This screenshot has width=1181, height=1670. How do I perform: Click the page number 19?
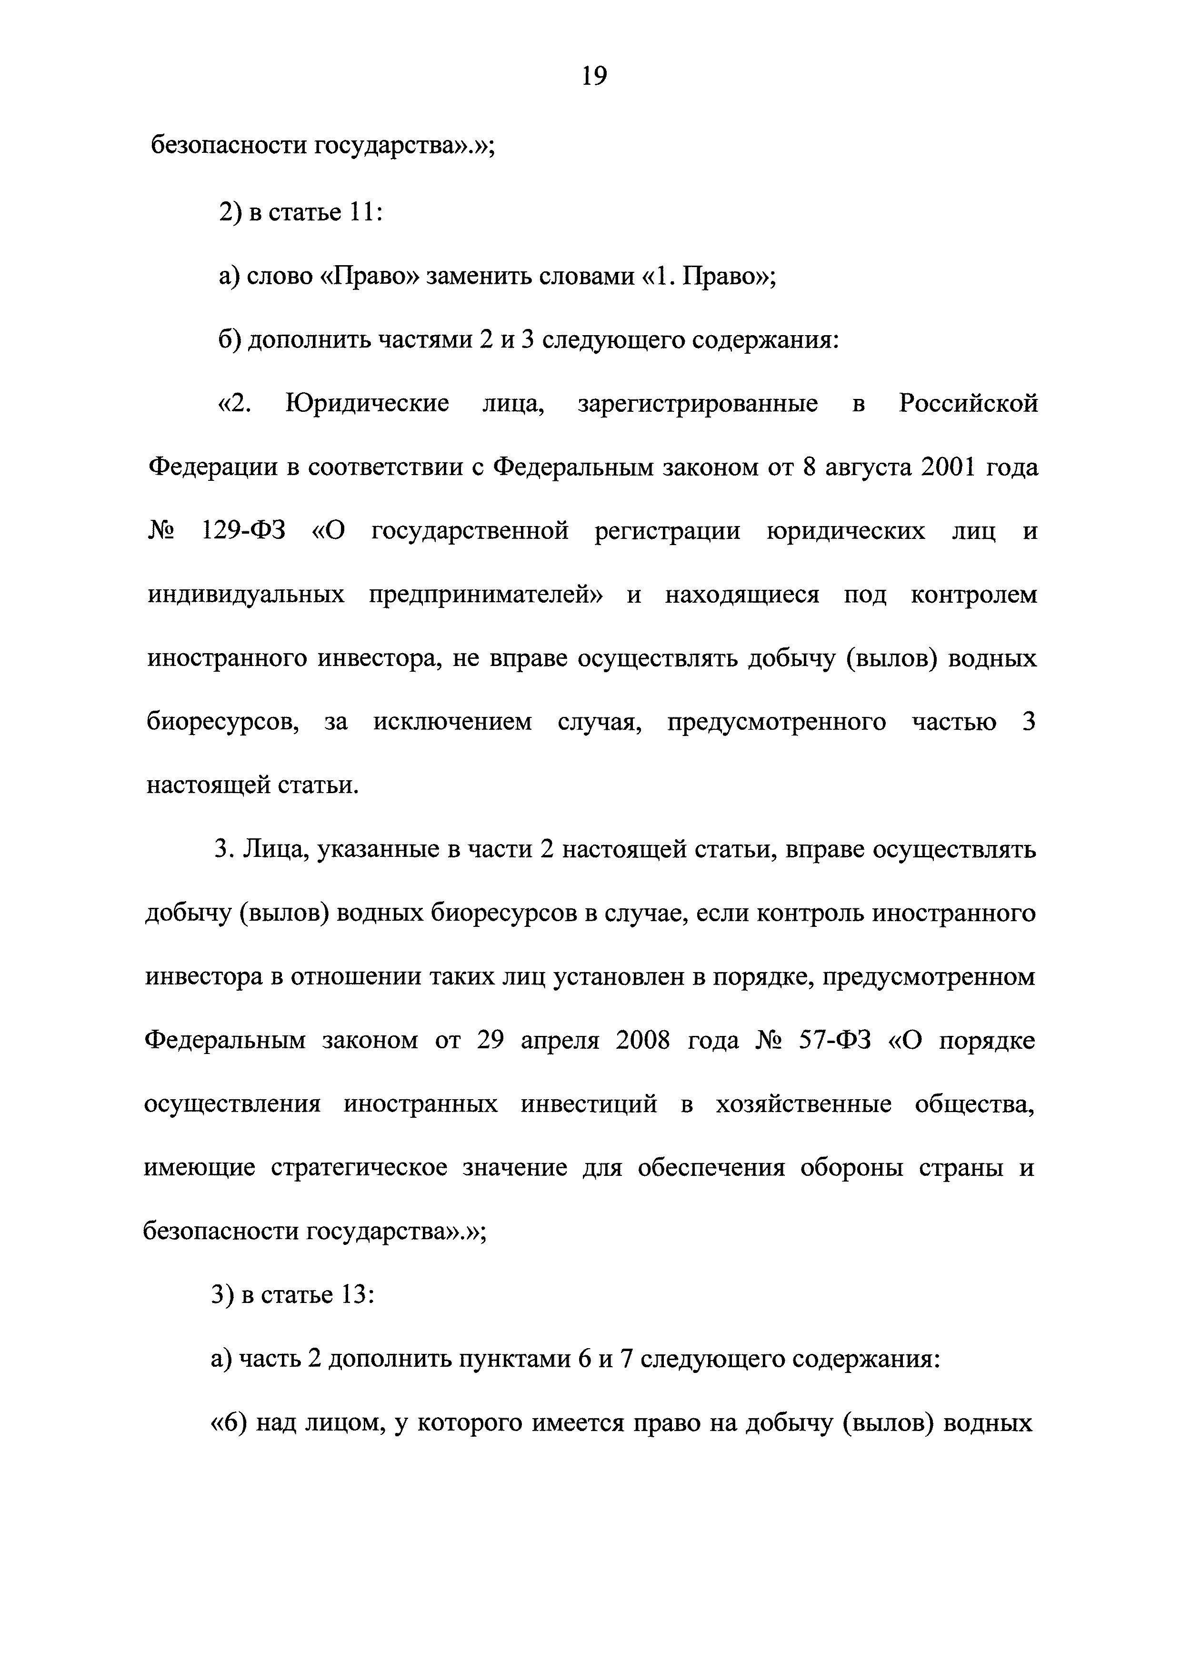pos(594,76)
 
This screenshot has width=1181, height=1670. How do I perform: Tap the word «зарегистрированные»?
pos(698,404)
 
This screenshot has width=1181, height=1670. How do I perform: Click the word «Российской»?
pos(968,404)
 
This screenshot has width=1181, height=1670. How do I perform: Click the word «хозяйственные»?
pos(803,1105)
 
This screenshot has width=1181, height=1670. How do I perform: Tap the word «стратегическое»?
pos(359,1169)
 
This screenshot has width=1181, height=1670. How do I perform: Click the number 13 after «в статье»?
pos(352,1295)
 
